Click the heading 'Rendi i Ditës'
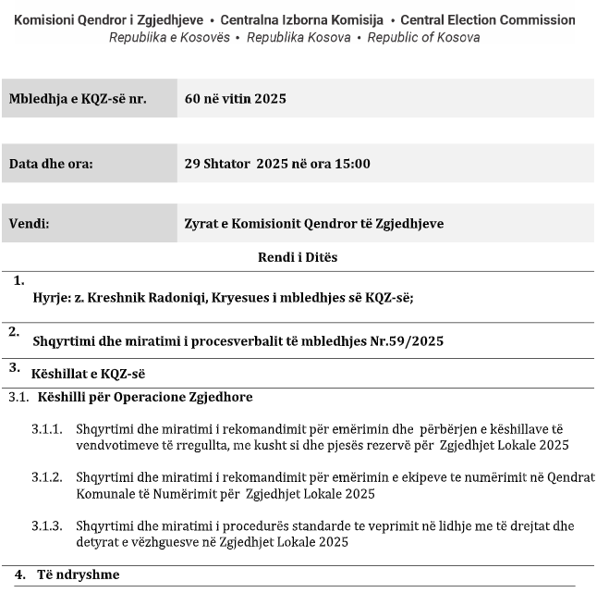click(x=298, y=257)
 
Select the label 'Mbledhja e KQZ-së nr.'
click(x=78, y=99)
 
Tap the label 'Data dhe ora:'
click(x=51, y=164)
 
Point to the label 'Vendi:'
click(x=29, y=224)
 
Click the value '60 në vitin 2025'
click(x=235, y=99)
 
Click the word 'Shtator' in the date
click(x=226, y=164)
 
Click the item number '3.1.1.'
click(x=47, y=430)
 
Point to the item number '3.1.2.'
click(x=47, y=477)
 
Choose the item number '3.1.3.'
click(x=47, y=525)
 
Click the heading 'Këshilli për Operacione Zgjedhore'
click(x=145, y=398)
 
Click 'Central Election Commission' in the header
click(x=487, y=19)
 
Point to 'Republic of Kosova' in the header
click(x=423, y=38)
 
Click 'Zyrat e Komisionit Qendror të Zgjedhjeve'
click(x=314, y=224)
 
